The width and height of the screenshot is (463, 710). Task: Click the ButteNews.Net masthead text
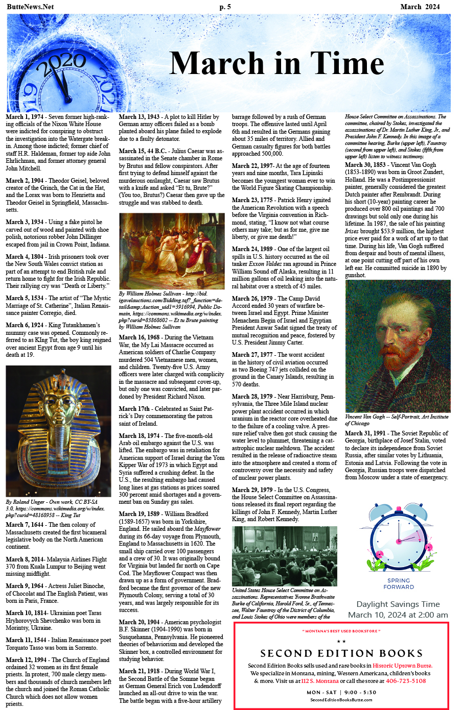(31, 7)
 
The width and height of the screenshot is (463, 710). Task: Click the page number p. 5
(225, 7)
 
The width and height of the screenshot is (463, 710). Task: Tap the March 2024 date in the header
(420, 7)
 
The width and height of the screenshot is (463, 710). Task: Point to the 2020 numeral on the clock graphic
(61, 63)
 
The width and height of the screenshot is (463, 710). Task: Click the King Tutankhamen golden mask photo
(58, 431)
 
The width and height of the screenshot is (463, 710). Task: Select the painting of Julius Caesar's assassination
(172, 251)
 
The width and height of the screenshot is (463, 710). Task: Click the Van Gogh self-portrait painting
(398, 346)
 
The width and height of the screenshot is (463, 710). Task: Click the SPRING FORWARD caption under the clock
(399, 583)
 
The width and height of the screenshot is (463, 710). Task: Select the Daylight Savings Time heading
(398, 604)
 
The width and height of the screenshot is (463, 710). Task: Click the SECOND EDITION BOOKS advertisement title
(341, 653)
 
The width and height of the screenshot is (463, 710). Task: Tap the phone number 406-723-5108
(405, 681)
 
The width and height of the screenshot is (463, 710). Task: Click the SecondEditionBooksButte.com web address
(341, 700)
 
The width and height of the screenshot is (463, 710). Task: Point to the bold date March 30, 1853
(365, 165)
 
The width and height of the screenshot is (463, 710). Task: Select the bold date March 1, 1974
(25, 117)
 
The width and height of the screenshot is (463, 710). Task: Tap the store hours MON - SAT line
(341, 693)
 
